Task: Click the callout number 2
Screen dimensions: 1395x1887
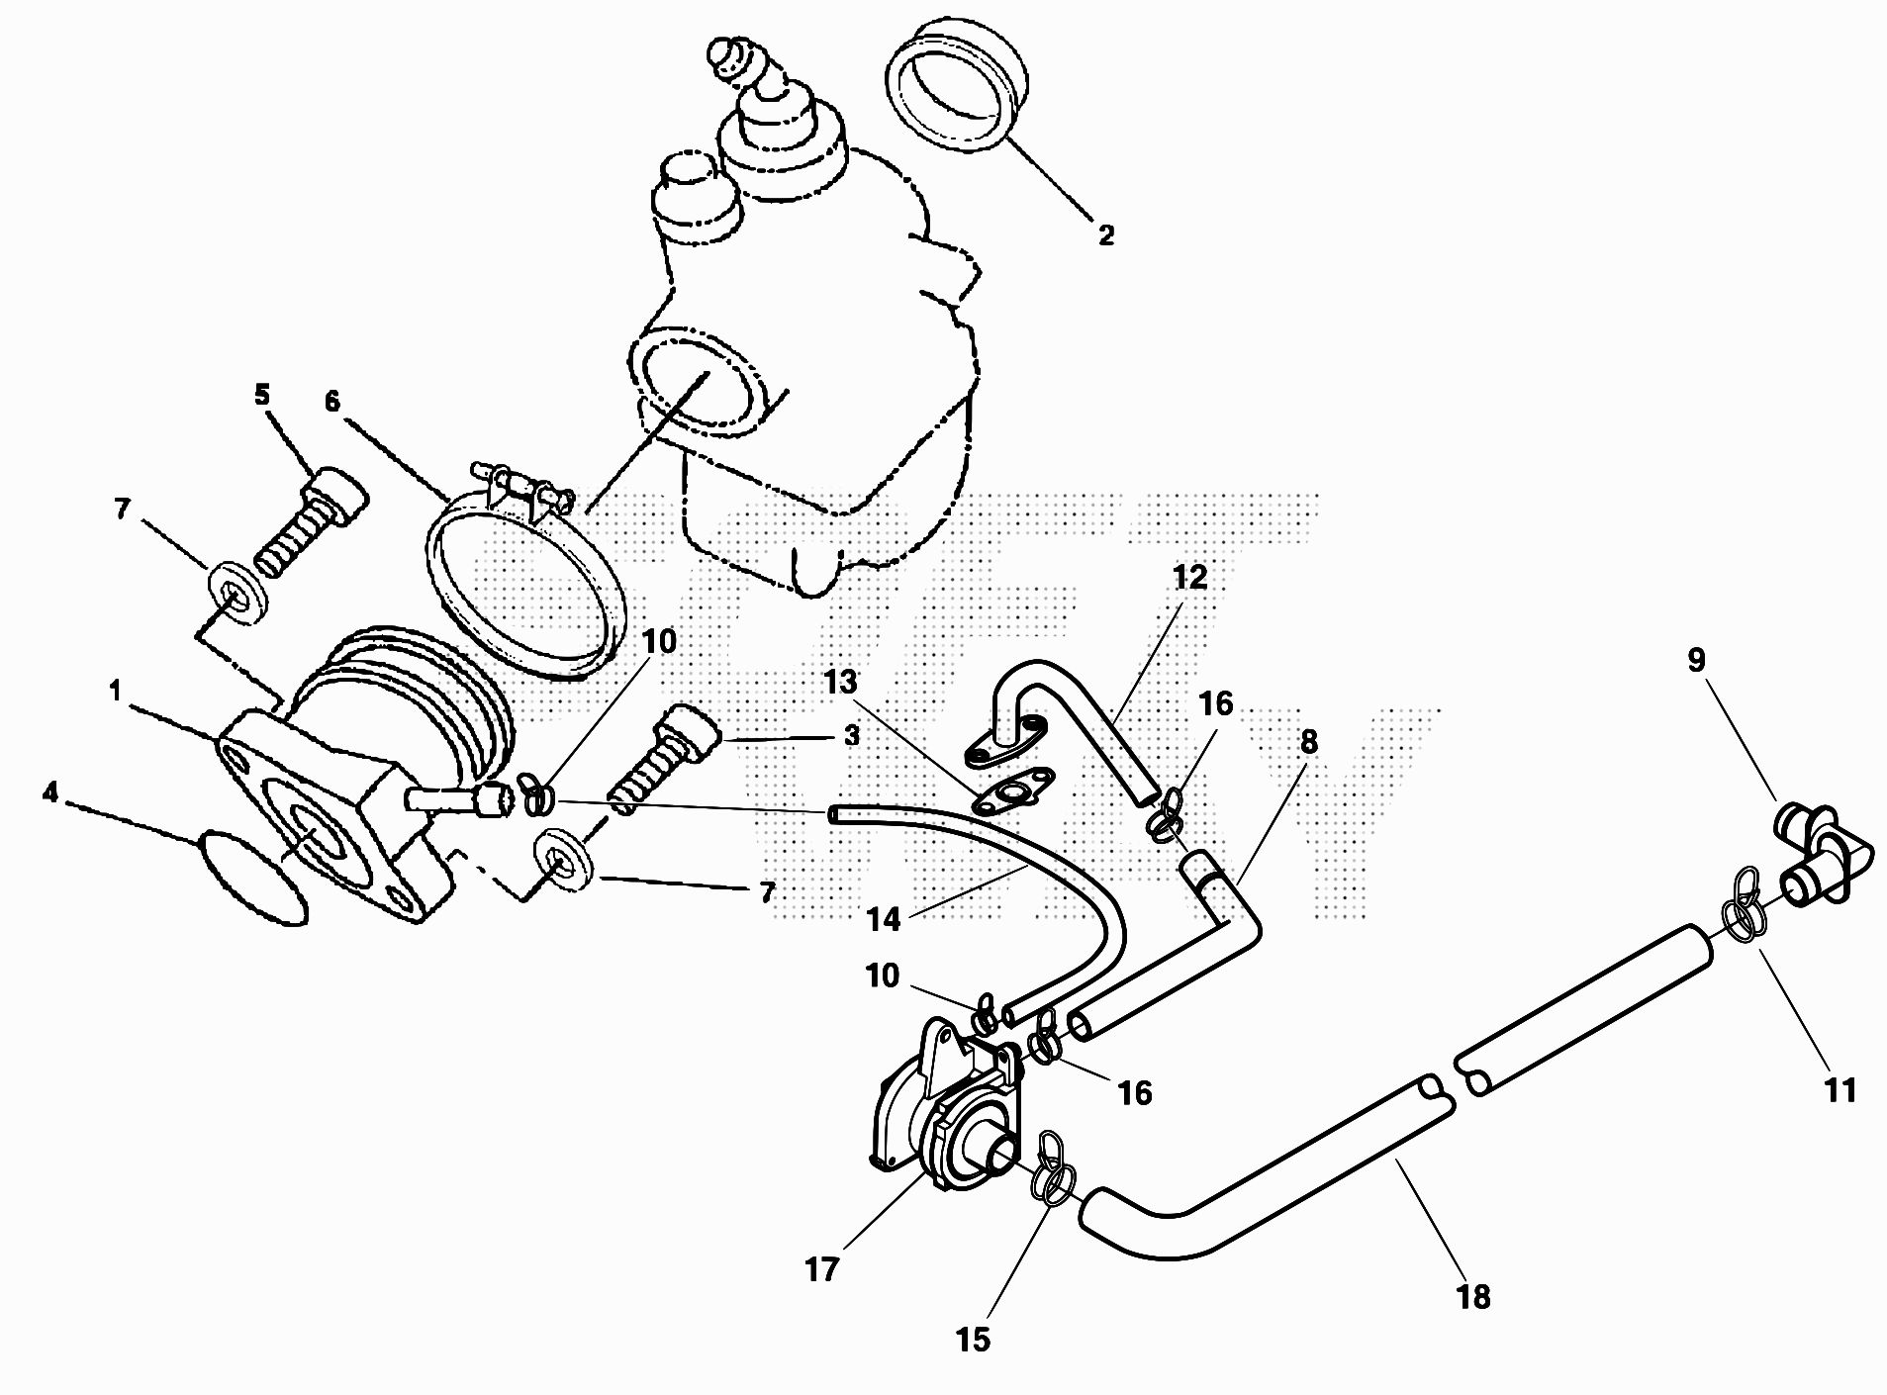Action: pyautogui.click(x=1105, y=235)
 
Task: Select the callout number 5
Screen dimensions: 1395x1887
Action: pyautogui.click(x=261, y=396)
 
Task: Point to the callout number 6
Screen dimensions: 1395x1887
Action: pyautogui.click(x=331, y=401)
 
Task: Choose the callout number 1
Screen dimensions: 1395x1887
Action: pyautogui.click(x=116, y=691)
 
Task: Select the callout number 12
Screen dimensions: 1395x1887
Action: pyautogui.click(x=1189, y=578)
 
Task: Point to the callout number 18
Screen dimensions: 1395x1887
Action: pyautogui.click(x=1473, y=1297)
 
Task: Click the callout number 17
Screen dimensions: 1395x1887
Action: pyautogui.click(x=822, y=1269)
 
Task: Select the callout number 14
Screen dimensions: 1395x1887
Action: pyautogui.click(x=884, y=920)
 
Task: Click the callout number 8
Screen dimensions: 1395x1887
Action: pyautogui.click(x=1308, y=742)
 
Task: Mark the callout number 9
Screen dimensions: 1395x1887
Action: pyautogui.click(x=1697, y=660)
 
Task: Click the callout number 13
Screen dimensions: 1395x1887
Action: pyautogui.click(x=840, y=683)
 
